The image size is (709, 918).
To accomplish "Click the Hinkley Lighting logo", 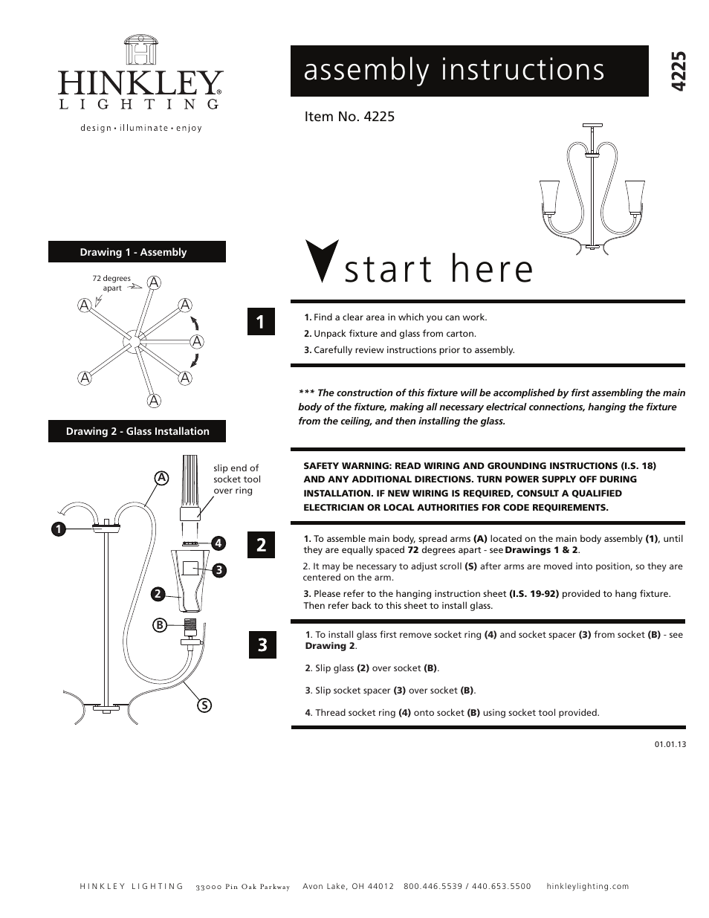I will tap(140, 81).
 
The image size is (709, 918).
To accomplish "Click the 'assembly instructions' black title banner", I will tap(469, 71).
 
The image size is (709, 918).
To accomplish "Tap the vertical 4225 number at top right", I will tap(676, 71).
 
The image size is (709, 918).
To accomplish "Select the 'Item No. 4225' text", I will tap(349, 117).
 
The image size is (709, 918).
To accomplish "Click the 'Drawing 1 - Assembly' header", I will tap(137, 252).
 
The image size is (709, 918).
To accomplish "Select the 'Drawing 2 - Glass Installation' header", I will tap(137, 431).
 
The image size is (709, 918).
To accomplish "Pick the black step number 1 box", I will tap(261, 322).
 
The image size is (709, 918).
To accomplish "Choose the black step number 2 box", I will tap(261, 545).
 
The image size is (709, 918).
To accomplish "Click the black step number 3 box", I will tap(261, 644).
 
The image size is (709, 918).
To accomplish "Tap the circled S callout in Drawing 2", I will tap(201, 704).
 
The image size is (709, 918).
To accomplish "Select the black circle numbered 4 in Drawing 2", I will tap(218, 543).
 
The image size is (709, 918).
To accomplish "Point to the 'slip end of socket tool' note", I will tap(236, 479).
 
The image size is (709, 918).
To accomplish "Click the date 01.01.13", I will tap(670, 743).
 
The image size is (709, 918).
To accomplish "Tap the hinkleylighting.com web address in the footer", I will tap(587, 886).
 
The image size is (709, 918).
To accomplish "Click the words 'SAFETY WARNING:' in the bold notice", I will tap(346, 465).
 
